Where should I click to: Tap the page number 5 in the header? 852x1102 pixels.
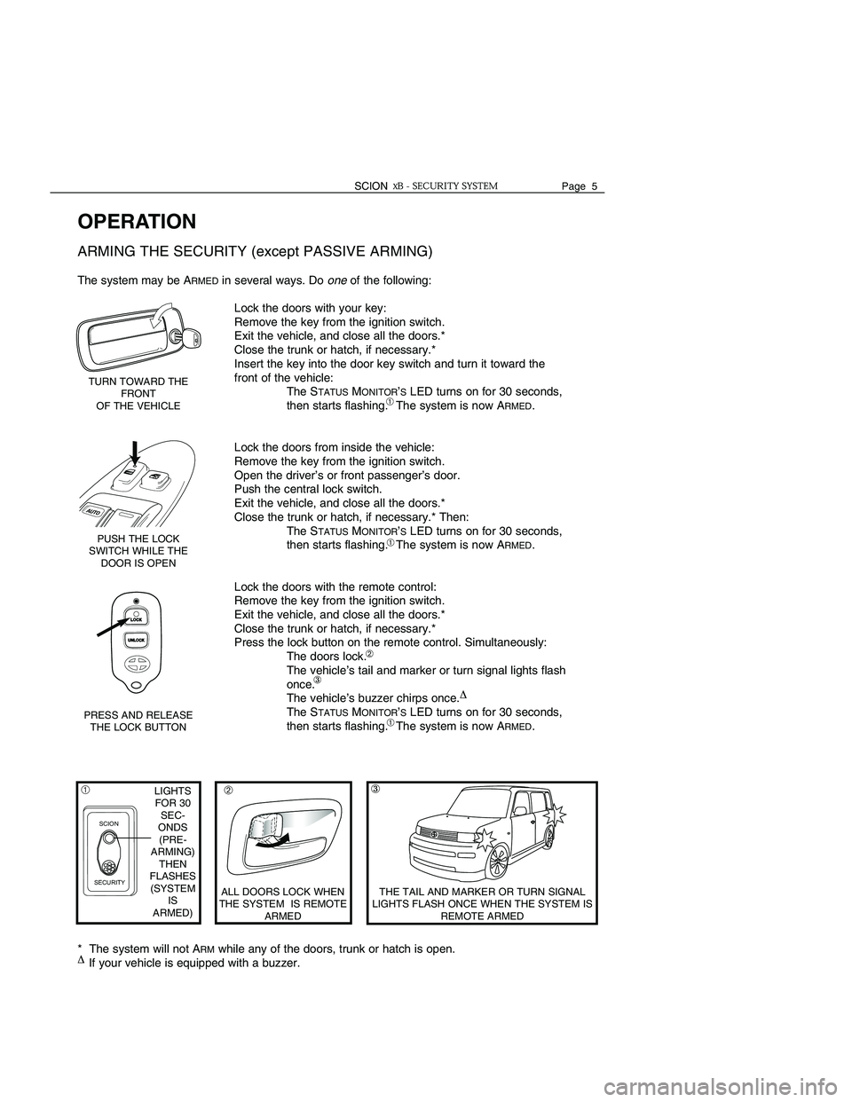tap(595, 186)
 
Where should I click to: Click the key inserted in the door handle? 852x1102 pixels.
tap(189, 338)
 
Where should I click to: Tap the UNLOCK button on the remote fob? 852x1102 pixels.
tap(136, 640)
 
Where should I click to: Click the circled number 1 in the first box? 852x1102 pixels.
tap(87, 788)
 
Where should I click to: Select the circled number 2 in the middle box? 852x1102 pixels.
tap(228, 789)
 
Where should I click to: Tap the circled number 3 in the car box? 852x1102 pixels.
tap(376, 789)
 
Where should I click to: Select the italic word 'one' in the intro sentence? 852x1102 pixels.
tap(336, 280)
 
